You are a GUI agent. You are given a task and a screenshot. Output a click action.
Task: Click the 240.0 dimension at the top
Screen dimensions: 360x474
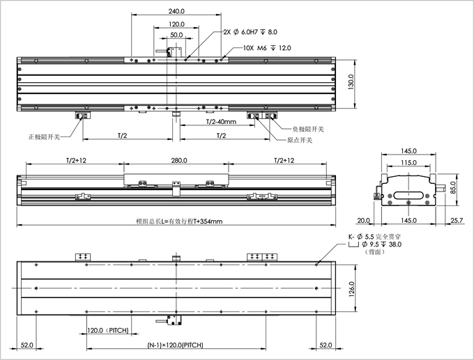(177, 11)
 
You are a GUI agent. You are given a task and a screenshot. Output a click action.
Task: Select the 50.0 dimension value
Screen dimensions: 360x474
(176, 34)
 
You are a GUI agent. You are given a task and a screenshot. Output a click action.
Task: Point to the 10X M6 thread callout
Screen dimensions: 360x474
(267, 48)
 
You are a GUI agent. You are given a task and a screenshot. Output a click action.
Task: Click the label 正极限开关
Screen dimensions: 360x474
(45, 136)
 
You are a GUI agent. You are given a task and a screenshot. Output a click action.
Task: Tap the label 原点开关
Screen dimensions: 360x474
(300, 140)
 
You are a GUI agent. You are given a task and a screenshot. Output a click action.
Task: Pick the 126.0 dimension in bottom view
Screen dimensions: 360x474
(352, 288)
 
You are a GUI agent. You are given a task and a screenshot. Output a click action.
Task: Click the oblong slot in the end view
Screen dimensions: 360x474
(408, 187)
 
